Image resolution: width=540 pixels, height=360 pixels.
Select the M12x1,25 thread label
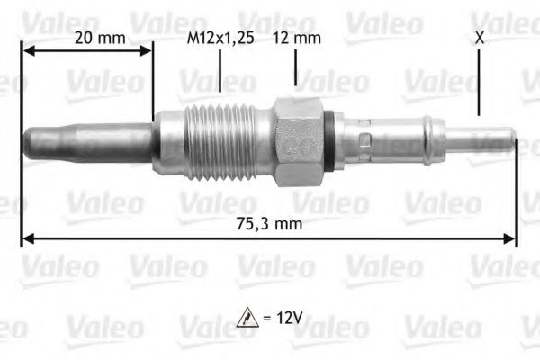pyautogui.click(x=219, y=39)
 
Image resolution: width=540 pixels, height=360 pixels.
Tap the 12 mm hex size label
pyautogui.click(x=296, y=39)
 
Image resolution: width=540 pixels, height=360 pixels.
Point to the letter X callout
pyautogui.click(x=479, y=39)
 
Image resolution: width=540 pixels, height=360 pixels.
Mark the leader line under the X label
pyautogui.click(x=479, y=81)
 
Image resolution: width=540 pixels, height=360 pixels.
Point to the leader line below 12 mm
pyautogui.click(x=296, y=67)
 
